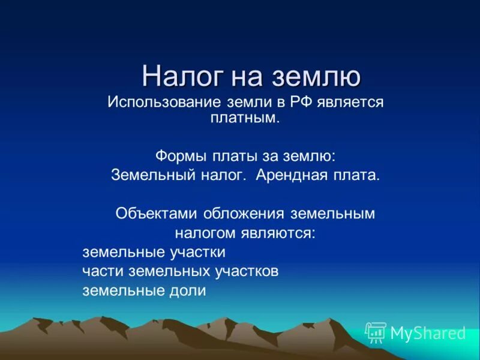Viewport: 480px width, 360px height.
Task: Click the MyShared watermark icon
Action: [x=376, y=332]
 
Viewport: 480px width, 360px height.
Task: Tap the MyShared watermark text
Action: [x=428, y=332]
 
